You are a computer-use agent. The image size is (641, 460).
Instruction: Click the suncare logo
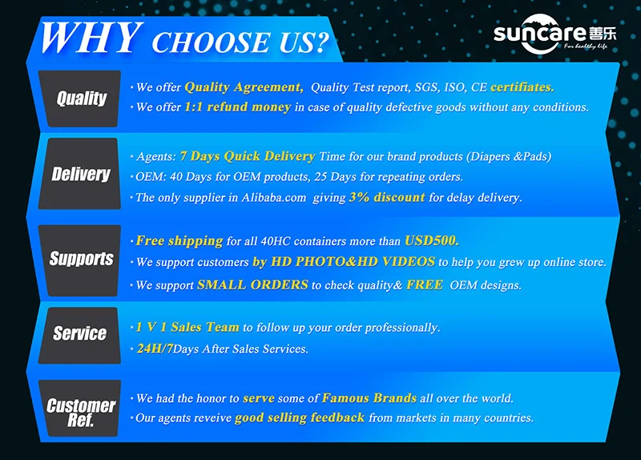pyautogui.click(x=554, y=34)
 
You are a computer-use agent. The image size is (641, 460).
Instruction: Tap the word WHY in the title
pyautogui.click(x=91, y=38)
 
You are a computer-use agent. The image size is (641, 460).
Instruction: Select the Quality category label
pyautogui.click(x=82, y=98)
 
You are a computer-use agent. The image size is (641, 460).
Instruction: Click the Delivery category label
pyautogui.click(x=81, y=174)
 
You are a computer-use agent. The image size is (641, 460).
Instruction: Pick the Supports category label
pyautogui.click(x=82, y=259)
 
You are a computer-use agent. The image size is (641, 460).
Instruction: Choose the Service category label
pyautogui.click(x=79, y=333)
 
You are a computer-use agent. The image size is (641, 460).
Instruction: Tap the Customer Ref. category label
pyautogui.click(x=81, y=412)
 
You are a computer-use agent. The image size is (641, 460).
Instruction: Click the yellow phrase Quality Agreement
pyautogui.click(x=244, y=87)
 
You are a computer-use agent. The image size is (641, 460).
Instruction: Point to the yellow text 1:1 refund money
pyautogui.click(x=237, y=107)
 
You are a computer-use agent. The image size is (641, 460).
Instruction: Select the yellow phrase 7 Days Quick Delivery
pyautogui.click(x=248, y=156)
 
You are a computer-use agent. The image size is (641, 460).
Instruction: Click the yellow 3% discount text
pyautogui.click(x=387, y=197)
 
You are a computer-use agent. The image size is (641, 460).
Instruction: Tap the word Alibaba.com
pyautogui.click(x=273, y=197)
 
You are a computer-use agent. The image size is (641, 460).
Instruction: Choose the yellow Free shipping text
pyautogui.click(x=179, y=241)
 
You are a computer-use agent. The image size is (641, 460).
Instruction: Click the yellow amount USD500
pyautogui.click(x=432, y=240)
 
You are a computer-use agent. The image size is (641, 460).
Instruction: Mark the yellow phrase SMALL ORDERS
pyautogui.click(x=252, y=284)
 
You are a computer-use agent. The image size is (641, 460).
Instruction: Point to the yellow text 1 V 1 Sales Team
pyautogui.click(x=187, y=327)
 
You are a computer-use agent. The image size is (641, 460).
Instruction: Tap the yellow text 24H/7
pyautogui.click(x=155, y=349)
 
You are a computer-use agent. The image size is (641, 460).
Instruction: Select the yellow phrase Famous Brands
pyautogui.click(x=369, y=397)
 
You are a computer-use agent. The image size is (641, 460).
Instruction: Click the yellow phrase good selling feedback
pyautogui.click(x=299, y=418)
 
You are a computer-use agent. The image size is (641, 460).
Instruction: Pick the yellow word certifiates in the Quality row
pyautogui.click(x=522, y=87)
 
